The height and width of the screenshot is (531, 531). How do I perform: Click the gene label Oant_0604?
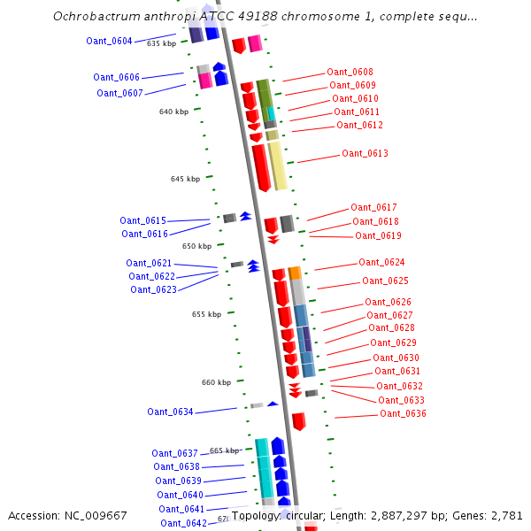coord(109,41)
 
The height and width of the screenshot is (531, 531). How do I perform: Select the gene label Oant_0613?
coord(365,154)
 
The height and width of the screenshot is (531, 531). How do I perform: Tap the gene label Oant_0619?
coord(378,236)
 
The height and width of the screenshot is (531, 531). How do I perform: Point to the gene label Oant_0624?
coord(381,263)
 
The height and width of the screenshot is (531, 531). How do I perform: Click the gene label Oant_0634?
coord(170,412)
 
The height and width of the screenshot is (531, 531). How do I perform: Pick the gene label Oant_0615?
coord(142,220)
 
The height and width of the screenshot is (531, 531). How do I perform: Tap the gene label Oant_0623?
coord(153,289)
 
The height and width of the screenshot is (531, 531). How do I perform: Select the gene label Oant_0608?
coord(350,73)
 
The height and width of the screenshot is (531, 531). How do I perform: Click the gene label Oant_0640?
coord(180,495)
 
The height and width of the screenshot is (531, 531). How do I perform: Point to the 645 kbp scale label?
coord(184,179)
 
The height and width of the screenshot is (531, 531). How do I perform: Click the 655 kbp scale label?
coord(206,314)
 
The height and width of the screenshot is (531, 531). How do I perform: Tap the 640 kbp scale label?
coord(173,112)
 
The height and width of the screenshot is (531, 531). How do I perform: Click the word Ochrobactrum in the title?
coord(92,16)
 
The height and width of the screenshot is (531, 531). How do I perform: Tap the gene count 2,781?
coord(504,515)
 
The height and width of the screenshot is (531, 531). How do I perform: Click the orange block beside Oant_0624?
coord(295,273)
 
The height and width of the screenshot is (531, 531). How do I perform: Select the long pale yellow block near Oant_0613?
coord(277,165)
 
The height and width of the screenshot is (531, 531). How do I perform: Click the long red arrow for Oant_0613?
coord(260,167)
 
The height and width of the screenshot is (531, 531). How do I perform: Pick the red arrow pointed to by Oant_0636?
coord(298,421)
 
